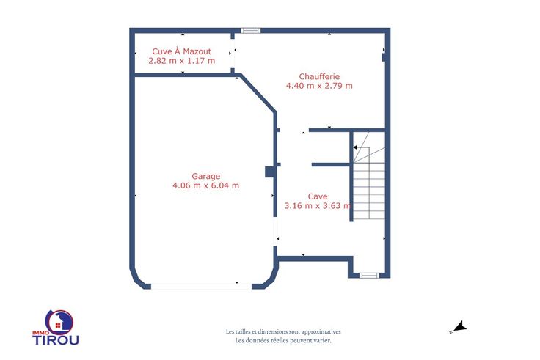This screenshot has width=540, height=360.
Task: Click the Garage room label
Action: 206,176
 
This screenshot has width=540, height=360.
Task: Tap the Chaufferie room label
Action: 319,76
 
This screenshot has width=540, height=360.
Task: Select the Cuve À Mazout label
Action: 181,51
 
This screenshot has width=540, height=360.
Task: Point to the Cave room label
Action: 318,196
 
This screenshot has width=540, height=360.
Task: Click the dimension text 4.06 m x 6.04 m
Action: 205,185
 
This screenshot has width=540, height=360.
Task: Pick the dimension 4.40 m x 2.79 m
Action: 319,86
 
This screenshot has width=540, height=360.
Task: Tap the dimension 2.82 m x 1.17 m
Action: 182,61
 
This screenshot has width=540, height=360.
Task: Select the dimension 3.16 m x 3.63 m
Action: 318,206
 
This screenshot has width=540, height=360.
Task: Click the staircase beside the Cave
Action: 369,176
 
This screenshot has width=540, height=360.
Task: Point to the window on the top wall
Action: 250,31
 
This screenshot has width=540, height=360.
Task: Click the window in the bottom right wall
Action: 369,276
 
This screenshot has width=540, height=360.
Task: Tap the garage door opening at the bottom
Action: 202,287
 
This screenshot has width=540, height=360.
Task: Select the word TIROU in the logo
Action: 56,340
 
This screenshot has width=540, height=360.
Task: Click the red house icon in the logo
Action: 58,326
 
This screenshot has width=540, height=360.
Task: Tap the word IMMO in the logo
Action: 40,333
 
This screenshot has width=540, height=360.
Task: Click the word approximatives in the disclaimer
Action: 321,332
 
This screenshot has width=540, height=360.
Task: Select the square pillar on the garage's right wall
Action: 270,172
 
